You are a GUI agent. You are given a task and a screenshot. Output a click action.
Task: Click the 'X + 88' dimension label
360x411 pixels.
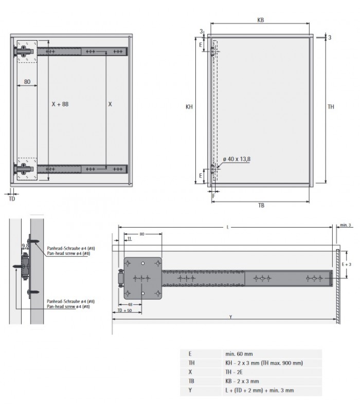coord(60,104)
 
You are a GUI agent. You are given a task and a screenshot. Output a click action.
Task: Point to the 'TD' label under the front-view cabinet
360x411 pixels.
coord(12,198)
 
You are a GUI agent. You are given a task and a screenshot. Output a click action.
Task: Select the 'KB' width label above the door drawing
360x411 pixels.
coord(261,21)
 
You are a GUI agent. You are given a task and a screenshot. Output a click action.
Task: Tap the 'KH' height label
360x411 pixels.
coord(189,107)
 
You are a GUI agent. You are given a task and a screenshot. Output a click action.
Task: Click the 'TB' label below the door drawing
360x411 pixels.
coord(261,205)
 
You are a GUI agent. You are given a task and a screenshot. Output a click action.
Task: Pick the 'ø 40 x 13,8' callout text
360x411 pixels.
coord(237,159)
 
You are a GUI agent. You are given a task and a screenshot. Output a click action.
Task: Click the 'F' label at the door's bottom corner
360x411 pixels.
coord(213,196)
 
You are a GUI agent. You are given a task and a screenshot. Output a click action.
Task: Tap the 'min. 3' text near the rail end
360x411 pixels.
coord(345,225)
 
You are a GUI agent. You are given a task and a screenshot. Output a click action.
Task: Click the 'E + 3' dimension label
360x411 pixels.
coord(346,264)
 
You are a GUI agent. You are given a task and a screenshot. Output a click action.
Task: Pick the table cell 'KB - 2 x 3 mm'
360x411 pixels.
coord(242,381)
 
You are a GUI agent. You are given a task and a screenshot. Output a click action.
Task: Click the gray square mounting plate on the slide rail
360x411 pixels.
coord(142,278)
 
